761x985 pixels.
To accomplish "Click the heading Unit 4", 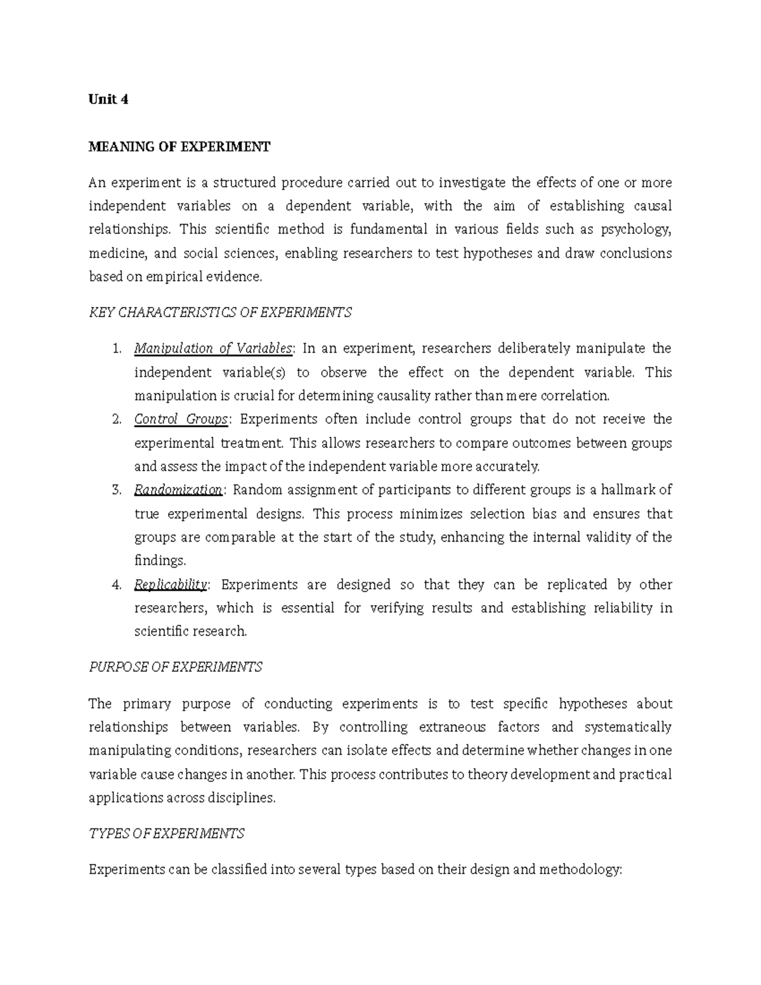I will click(108, 100).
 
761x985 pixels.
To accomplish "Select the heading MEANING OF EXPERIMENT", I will click(179, 147).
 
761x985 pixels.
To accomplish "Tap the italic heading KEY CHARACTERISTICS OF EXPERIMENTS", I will click(220, 313).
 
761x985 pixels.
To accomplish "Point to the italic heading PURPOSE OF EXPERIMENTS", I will click(176, 667).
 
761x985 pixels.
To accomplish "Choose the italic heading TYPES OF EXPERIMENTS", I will click(166, 833).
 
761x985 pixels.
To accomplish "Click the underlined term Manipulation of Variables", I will click(213, 349).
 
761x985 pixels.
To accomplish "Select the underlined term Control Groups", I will click(181, 419).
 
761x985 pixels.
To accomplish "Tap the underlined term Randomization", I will click(178, 490).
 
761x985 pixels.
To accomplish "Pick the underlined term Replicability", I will click(171, 585).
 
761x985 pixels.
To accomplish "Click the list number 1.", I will click(115, 349).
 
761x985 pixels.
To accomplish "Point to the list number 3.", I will click(115, 490).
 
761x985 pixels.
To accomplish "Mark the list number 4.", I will click(115, 585).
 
